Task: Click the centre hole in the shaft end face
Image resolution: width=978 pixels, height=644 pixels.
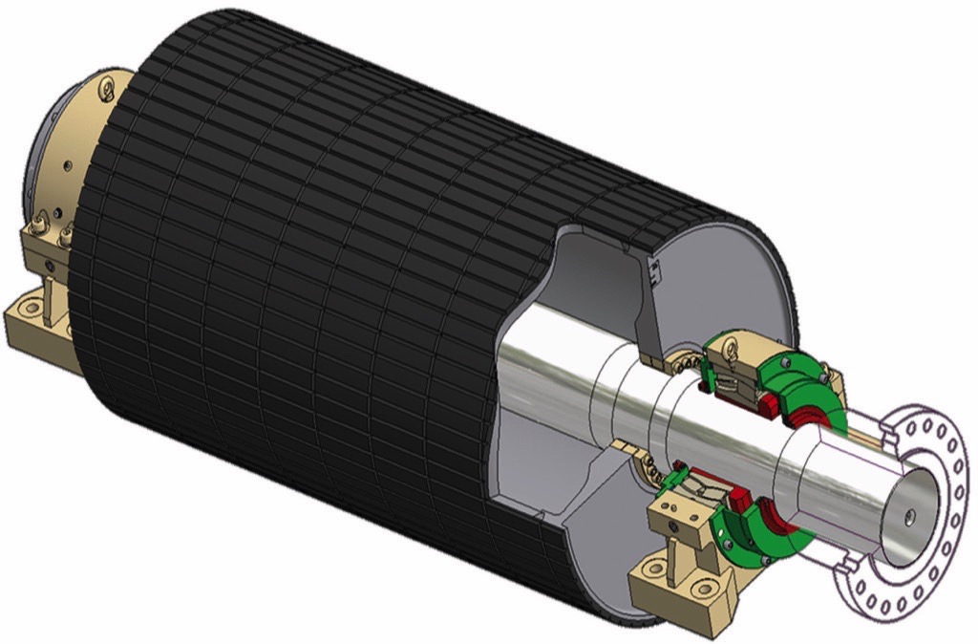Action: [908, 516]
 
